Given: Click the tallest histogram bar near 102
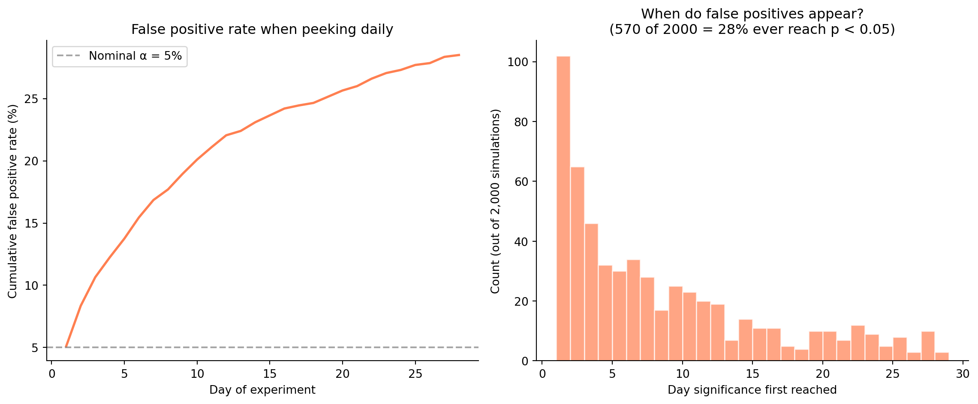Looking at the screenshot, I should [x=563, y=208].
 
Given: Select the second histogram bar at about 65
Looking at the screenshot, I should [x=577, y=264].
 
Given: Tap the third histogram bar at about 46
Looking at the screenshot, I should [x=591, y=292].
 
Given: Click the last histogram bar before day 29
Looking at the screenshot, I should [x=942, y=357].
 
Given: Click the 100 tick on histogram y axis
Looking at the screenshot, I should [x=518, y=62].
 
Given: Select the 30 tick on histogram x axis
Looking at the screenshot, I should [x=963, y=374].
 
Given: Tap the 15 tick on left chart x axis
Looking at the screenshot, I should [x=269, y=374].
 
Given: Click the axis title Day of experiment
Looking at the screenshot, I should [x=262, y=390].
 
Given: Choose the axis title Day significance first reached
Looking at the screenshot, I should [x=752, y=390].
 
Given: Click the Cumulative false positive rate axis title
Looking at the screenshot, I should [x=13, y=201].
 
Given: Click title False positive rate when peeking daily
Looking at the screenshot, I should [x=262, y=30].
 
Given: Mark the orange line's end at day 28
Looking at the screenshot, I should [x=459, y=55].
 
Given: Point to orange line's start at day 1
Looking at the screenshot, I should [x=66, y=346].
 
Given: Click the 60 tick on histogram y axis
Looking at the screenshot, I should [x=522, y=182].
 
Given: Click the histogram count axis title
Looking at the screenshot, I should [x=495, y=201].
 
